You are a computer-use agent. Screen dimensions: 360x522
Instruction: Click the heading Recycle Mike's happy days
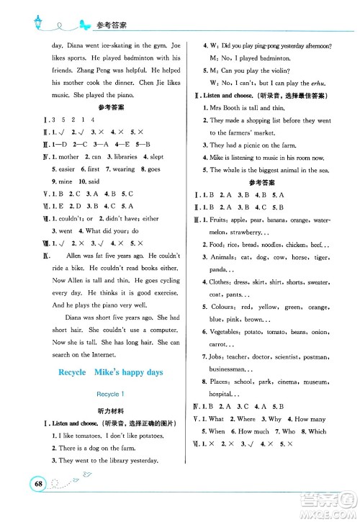pyautogui.click(x=107, y=372)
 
